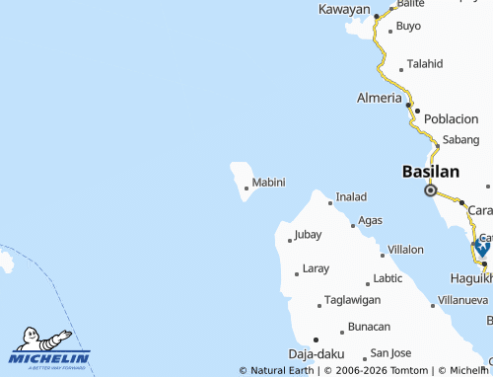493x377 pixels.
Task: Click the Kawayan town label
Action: (345, 9)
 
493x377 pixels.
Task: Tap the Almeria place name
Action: (380, 99)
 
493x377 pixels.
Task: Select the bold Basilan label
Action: (431, 172)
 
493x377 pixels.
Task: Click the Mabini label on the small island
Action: (268, 183)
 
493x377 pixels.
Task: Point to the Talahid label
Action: (425, 64)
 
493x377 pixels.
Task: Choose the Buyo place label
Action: (408, 26)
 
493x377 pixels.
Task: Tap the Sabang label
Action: (461, 140)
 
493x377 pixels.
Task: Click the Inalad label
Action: (351, 197)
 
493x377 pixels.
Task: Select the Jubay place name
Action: (308, 235)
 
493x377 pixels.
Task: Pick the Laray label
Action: (316, 268)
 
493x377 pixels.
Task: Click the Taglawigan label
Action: (352, 300)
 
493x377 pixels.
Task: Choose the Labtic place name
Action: (387, 278)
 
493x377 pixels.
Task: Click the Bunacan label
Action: (370, 327)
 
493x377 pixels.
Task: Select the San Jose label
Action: (389, 352)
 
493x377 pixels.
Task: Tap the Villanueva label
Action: (463, 299)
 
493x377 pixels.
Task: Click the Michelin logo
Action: (49, 348)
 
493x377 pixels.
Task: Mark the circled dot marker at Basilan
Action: (430, 190)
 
